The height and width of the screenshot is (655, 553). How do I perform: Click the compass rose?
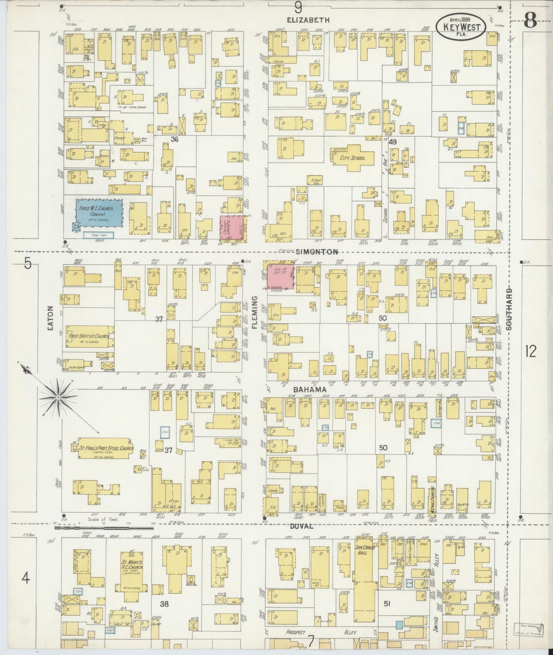click(x=58, y=398)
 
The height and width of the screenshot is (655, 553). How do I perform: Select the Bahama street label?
click(x=305, y=389)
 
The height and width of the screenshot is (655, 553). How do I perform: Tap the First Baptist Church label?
click(x=89, y=336)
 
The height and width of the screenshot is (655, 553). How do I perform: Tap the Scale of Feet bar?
click(x=104, y=528)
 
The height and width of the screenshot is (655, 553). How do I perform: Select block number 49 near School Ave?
click(x=393, y=142)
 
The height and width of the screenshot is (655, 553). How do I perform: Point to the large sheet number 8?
click(x=530, y=21)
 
